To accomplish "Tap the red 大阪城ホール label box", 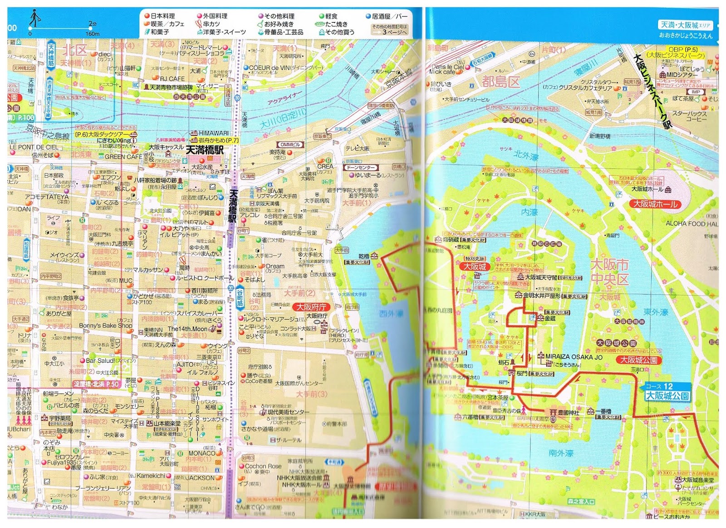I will click(655, 204).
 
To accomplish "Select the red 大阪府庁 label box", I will click(311, 307).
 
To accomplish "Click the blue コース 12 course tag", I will click(659, 386).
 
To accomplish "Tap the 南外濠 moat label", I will click(561, 453).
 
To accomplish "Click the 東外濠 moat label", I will click(656, 312).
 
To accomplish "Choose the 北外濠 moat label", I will click(526, 155).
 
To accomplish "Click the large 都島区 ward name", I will click(500, 82).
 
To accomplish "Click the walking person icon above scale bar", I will click(34, 19).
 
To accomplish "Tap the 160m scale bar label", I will click(93, 34).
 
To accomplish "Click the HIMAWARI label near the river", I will click(213, 133).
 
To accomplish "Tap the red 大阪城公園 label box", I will click(638, 360).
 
